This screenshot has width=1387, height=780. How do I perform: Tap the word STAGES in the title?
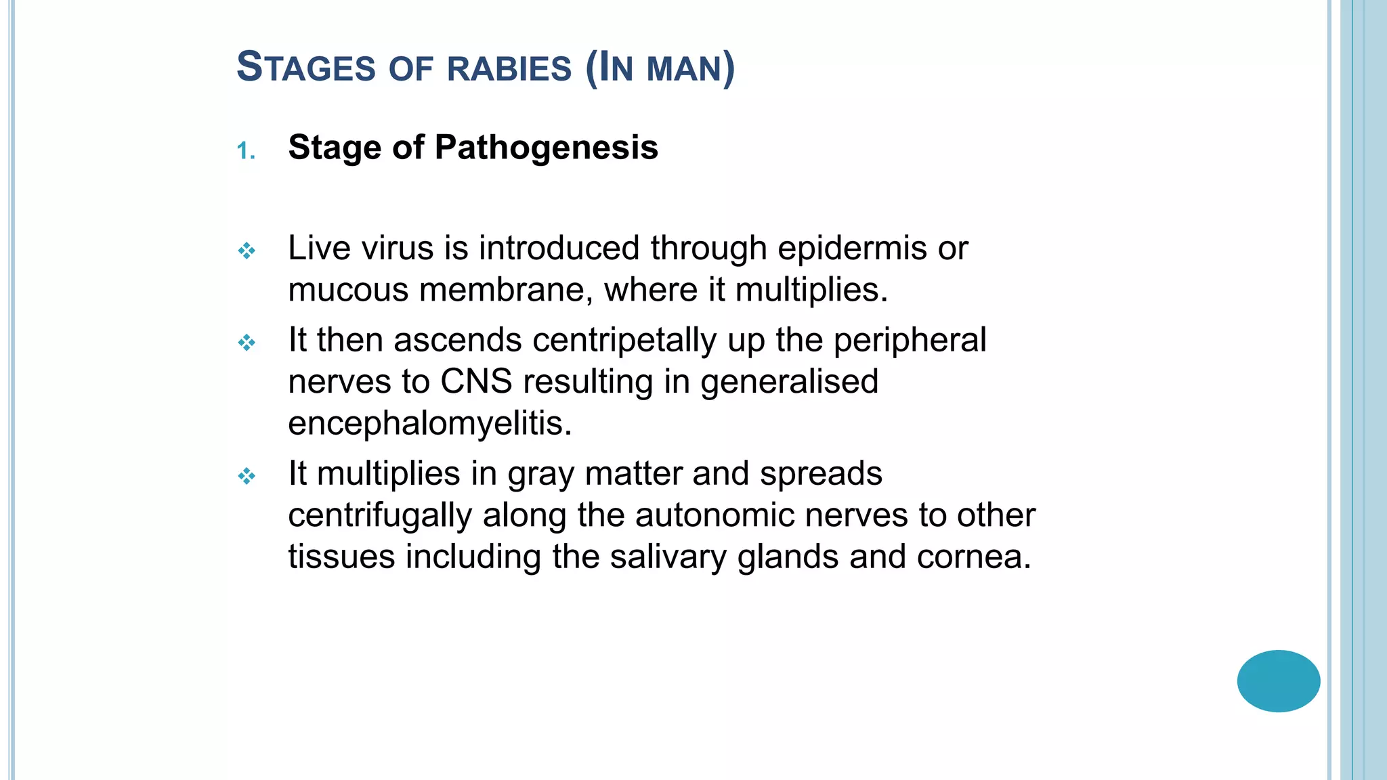click(x=305, y=68)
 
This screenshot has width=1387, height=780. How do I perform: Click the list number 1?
click(x=246, y=150)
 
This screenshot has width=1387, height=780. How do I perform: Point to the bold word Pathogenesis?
click(x=546, y=147)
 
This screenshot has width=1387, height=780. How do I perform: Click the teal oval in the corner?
click(x=1278, y=680)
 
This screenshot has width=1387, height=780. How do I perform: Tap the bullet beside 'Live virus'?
click(x=247, y=251)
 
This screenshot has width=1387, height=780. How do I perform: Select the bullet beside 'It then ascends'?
click(x=247, y=343)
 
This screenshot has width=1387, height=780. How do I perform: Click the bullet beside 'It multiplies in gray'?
click(x=247, y=476)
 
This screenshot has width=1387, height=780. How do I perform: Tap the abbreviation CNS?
click(x=476, y=381)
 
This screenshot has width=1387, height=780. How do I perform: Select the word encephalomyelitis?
click(x=429, y=423)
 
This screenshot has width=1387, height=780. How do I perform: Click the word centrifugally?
click(x=379, y=515)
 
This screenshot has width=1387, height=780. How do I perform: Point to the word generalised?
click(x=789, y=383)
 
